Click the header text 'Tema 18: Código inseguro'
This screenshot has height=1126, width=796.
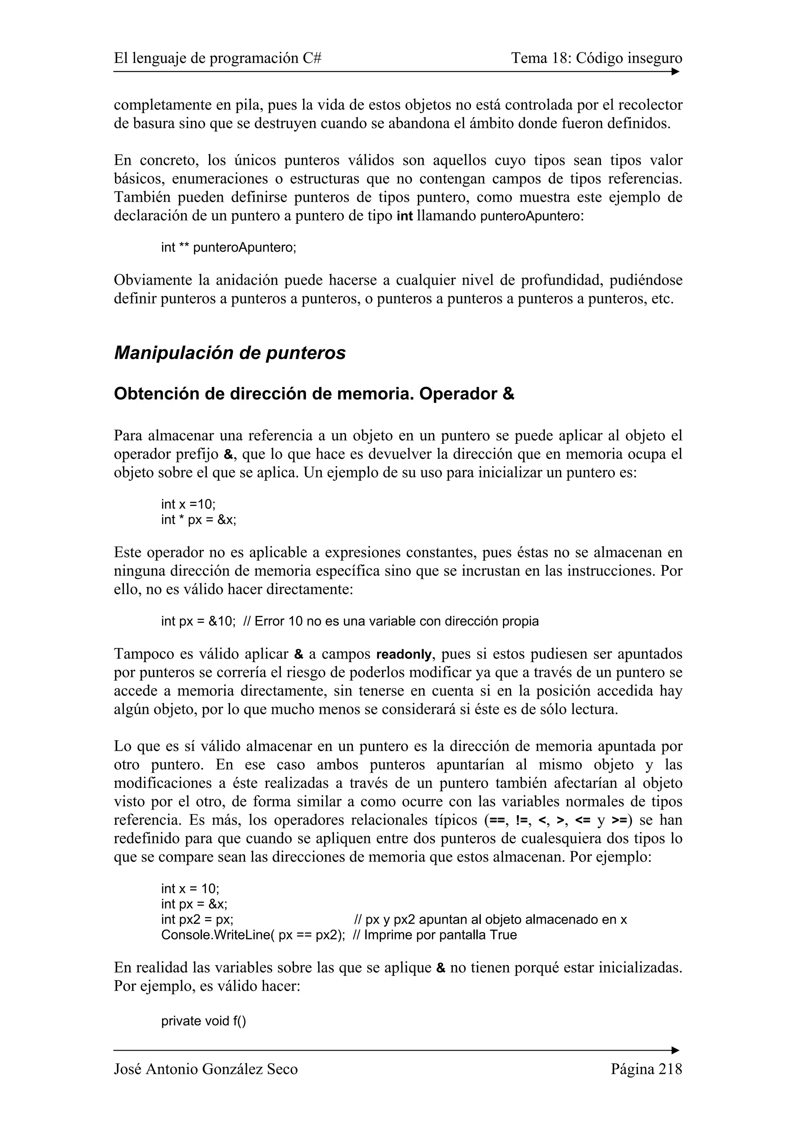[596, 58]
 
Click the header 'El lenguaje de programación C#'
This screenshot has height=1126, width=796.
[217, 58]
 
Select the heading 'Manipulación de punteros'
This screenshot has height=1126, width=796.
[230, 353]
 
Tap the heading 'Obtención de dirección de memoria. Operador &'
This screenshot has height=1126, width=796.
[314, 394]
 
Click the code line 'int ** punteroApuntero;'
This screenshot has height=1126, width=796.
[229, 248]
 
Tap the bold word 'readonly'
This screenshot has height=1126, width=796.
[404, 655]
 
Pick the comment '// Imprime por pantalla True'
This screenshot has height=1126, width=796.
[435, 935]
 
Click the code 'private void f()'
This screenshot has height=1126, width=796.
[204, 1021]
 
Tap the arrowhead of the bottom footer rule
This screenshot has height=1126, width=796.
[676, 1051]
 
